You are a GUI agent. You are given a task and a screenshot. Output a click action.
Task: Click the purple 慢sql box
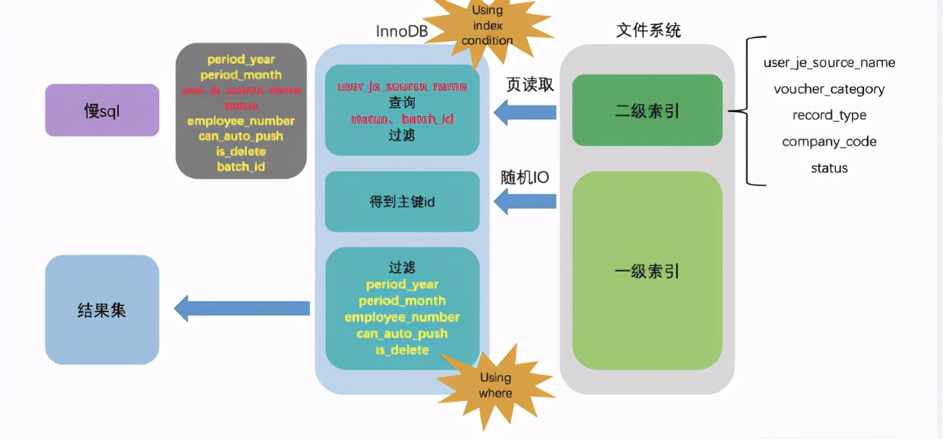[102, 110]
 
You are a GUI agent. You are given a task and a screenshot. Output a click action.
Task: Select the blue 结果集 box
[102, 310]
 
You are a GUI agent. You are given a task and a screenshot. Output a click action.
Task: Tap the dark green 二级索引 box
[647, 111]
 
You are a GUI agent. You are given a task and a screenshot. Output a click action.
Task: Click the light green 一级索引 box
[647, 272]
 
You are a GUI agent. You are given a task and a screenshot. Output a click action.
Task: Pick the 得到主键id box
[402, 202]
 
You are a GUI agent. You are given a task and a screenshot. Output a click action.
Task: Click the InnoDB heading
[402, 32]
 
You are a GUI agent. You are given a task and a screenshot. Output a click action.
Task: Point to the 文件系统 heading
[648, 30]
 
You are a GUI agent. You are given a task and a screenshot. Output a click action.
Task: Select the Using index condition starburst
[487, 26]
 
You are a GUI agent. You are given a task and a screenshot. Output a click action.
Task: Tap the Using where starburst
[495, 385]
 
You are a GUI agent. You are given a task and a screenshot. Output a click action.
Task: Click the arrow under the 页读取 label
[525, 111]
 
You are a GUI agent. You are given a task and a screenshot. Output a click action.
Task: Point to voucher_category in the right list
[829, 89]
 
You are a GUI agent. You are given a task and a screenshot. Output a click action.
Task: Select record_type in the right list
[829, 115]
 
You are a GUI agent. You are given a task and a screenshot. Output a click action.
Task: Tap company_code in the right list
[829, 141]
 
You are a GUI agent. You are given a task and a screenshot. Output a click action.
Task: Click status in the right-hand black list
[829, 168]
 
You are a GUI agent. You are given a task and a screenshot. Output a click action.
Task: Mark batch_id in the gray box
[240, 166]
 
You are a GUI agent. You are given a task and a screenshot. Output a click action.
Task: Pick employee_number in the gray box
[240, 121]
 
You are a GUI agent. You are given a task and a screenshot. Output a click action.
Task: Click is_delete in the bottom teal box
[402, 349]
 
